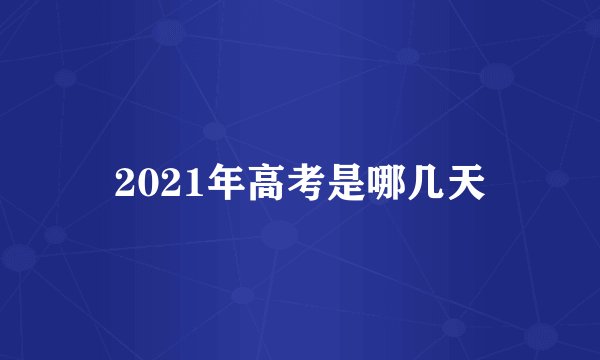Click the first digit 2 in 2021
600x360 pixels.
[124, 181]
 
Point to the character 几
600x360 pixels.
[408, 181]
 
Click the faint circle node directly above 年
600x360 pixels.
[214, 130]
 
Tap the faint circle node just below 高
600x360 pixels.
[280, 234]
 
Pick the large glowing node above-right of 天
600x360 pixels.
[497, 75]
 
